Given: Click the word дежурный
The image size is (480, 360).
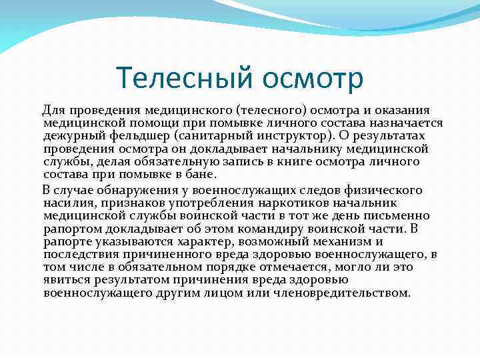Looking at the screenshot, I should click(69, 135).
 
